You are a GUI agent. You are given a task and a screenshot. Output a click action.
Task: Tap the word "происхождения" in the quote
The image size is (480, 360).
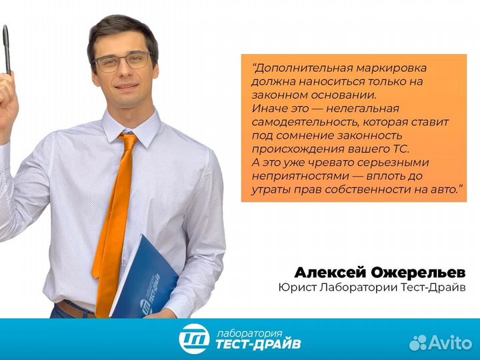(x=289, y=149)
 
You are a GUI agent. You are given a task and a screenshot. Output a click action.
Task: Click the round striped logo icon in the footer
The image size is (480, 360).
(x=194, y=339)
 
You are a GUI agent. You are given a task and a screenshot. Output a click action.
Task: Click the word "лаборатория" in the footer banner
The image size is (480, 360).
(x=250, y=331)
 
